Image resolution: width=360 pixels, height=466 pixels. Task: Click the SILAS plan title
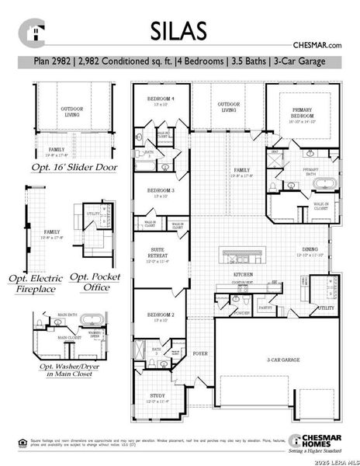point(179,31)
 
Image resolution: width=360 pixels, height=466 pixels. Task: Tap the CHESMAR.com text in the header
point(318,47)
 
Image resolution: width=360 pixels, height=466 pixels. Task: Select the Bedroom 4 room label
point(161,100)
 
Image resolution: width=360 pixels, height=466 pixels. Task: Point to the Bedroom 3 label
point(161,191)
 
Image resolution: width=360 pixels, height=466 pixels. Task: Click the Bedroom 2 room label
point(161,315)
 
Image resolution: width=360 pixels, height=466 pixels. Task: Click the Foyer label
point(200,353)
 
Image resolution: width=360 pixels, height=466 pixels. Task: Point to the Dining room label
point(309,250)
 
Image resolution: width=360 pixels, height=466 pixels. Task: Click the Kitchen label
point(244,276)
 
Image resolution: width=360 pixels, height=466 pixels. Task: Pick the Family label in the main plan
point(241,170)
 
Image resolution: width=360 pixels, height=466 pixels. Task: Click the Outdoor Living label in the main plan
point(228,107)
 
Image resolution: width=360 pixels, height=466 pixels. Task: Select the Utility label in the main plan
point(326,308)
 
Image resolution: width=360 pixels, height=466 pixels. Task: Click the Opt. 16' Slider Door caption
point(73,166)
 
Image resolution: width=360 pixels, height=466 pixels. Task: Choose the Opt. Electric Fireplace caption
point(36,283)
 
